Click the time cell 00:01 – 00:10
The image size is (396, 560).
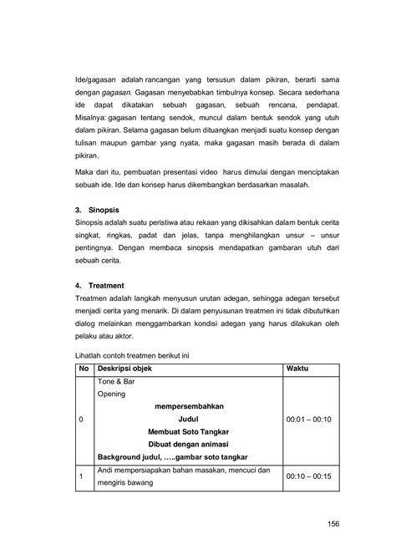pos(308,419)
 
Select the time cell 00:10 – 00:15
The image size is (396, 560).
pos(308,476)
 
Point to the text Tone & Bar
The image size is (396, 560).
pos(116,381)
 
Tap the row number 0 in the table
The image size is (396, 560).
pos(80,419)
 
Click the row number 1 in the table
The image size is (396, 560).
pos(80,476)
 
